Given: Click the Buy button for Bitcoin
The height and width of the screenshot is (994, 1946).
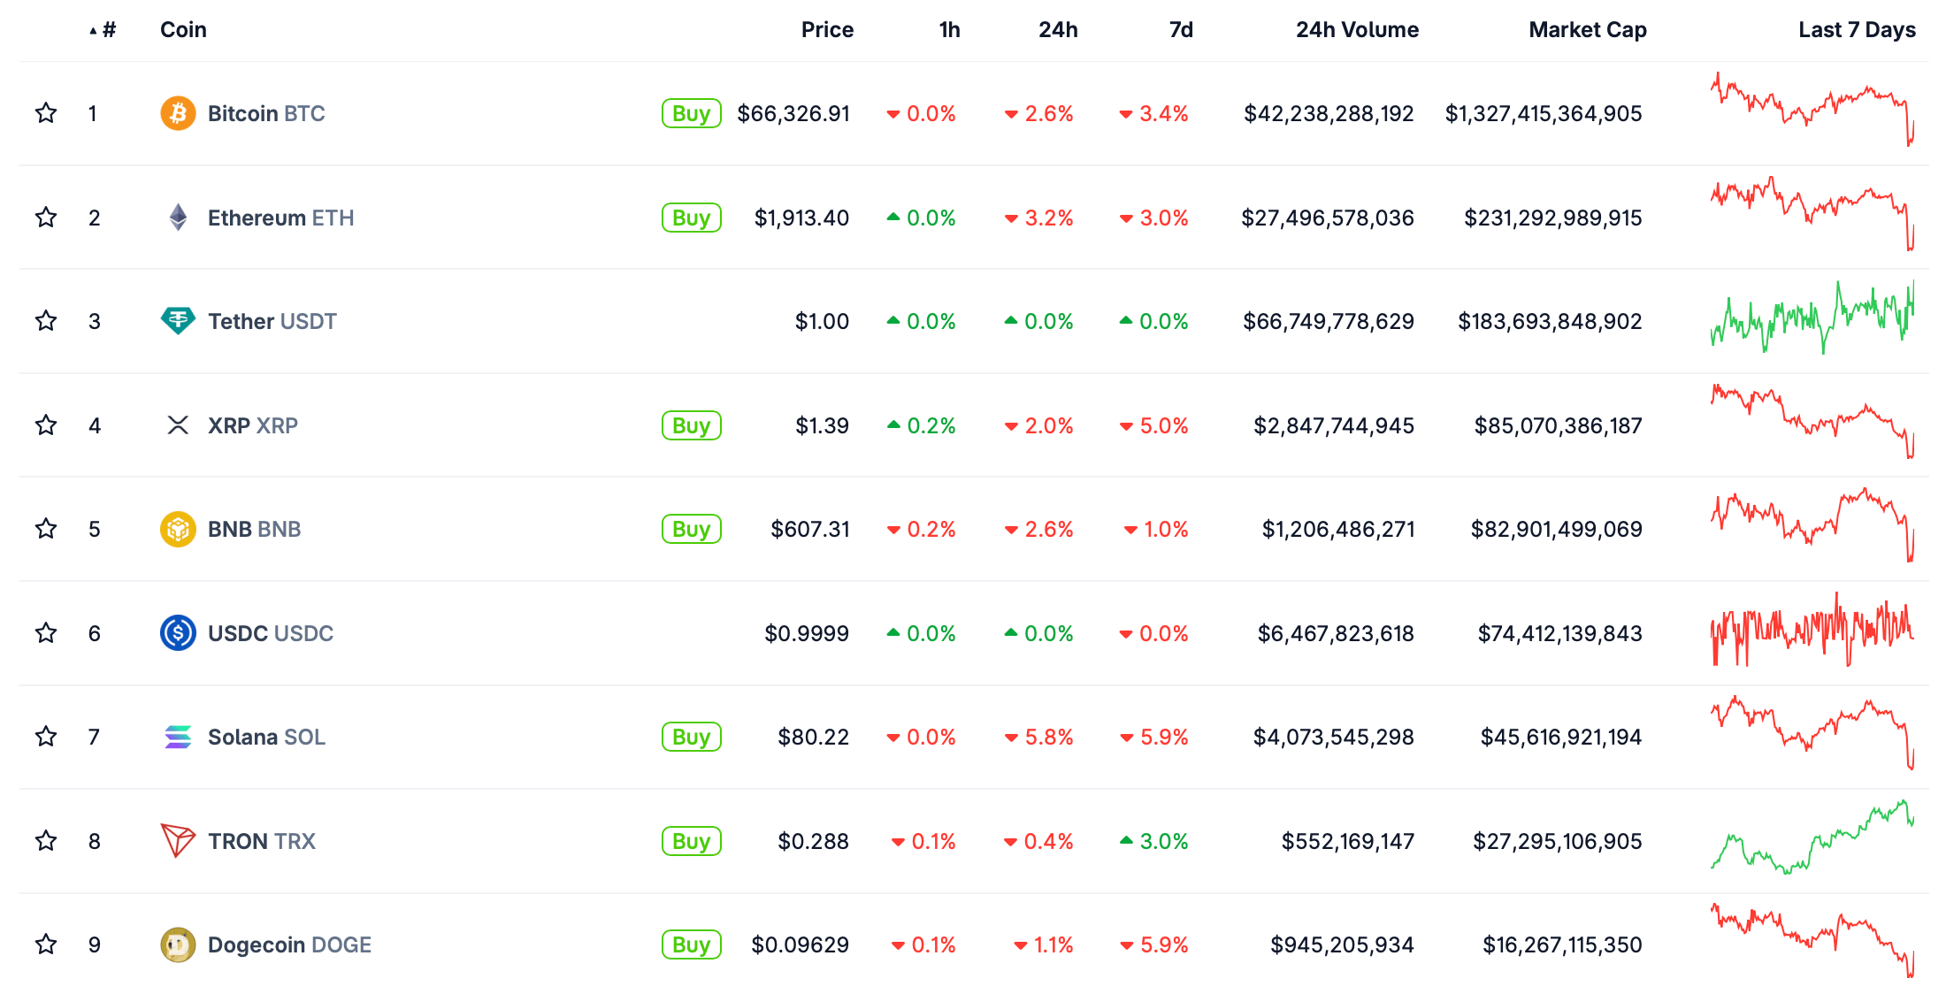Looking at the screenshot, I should tap(691, 113).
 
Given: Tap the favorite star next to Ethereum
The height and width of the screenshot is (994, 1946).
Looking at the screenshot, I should tap(46, 218).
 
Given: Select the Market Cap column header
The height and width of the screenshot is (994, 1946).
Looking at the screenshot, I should tap(1587, 30).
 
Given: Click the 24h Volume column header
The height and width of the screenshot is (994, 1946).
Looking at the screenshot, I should tap(1357, 30).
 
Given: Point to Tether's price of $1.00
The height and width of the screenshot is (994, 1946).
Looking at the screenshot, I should tap(822, 321).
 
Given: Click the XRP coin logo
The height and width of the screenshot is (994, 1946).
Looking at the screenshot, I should tap(178, 425).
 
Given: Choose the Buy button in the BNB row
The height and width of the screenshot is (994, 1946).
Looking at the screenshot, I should tap(691, 529).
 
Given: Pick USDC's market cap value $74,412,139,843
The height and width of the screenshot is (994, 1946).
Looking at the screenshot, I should tap(1559, 633).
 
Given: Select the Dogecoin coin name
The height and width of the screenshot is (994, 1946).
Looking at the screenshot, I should tap(289, 944).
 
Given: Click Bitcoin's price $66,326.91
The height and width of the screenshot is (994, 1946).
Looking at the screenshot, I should tap(793, 113).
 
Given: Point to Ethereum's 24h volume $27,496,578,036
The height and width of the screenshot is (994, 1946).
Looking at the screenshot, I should tap(1327, 218).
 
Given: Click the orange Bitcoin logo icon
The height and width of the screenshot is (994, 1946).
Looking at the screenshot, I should tap(178, 113).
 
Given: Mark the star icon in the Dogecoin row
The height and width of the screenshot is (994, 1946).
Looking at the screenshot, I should tap(46, 944).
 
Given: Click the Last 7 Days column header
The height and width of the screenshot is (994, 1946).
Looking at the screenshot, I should tap(1857, 30).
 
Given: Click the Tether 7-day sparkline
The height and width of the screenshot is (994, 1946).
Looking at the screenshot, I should tap(1812, 319).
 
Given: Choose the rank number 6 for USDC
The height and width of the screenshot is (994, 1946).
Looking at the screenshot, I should tap(95, 633).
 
